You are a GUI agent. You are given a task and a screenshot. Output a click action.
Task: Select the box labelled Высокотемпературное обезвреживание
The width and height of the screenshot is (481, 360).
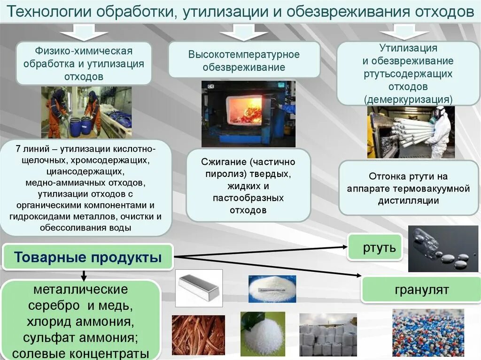pos(244,60)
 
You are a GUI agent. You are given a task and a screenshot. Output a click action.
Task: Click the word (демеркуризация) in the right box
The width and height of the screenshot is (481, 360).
pos(408,99)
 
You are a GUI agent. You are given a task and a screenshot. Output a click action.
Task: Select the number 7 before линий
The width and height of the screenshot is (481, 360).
pos(18,150)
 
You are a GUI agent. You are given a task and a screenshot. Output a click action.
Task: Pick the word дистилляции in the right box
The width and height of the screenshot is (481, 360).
pos(408,200)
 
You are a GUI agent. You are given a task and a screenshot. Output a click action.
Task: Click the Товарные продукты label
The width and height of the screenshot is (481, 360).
pos(88,257)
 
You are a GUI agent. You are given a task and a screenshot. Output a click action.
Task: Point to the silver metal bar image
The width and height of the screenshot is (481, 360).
pos(199,287)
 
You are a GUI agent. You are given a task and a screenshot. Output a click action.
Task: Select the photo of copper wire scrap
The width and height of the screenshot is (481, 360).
pos(198,335)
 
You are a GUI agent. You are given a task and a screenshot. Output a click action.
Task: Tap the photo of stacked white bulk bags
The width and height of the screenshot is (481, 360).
pos(327,335)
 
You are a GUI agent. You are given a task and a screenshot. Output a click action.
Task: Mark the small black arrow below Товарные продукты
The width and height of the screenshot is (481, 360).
pos(84,275)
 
